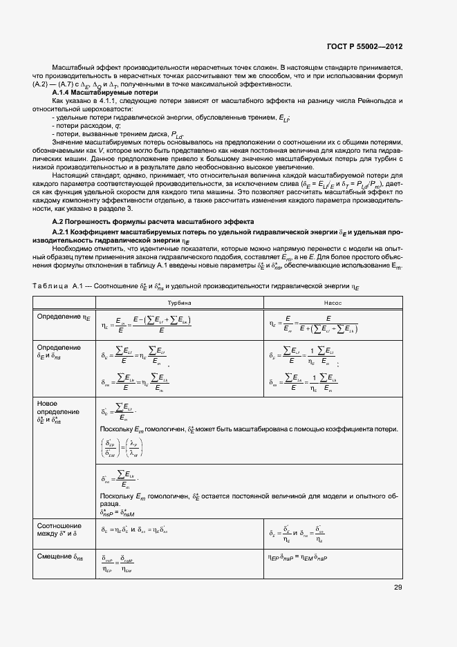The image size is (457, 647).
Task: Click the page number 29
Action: tap(398, 588)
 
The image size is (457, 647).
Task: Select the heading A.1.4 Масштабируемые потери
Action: tap(106, 92)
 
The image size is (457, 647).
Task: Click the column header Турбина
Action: tap(179, 303)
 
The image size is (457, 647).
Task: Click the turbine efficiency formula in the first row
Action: tap(146, 323)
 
